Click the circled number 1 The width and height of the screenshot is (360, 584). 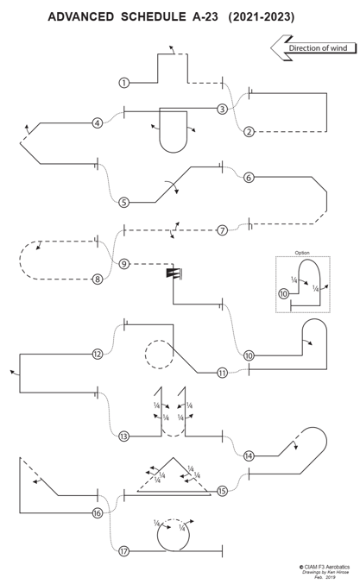coord(124,83)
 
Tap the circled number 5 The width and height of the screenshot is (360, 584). coord(124,203)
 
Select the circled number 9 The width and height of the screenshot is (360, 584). coord(124,264)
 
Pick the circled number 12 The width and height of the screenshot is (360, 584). coord(98,354)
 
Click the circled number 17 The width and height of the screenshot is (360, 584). coord(124,551)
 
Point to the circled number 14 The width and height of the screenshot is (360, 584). coord(249,455)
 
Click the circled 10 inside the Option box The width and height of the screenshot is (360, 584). coord(284,294)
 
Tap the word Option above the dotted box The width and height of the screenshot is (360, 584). coord(302,253)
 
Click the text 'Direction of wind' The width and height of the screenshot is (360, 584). coord(318,48)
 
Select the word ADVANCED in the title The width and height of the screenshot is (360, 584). coord(81,16)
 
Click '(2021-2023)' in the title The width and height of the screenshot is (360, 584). coord(262,16)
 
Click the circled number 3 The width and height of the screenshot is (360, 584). coord(222,109)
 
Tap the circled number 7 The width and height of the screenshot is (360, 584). coord(222,230)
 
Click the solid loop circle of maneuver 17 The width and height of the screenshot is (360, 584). coord(158,537)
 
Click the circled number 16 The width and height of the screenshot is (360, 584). coord(98,513)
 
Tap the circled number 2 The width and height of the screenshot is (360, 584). coord(249,131)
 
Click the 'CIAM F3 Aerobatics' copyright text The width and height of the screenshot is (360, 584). coord(325,567)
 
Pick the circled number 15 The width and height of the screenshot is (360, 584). coord(222,491)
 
